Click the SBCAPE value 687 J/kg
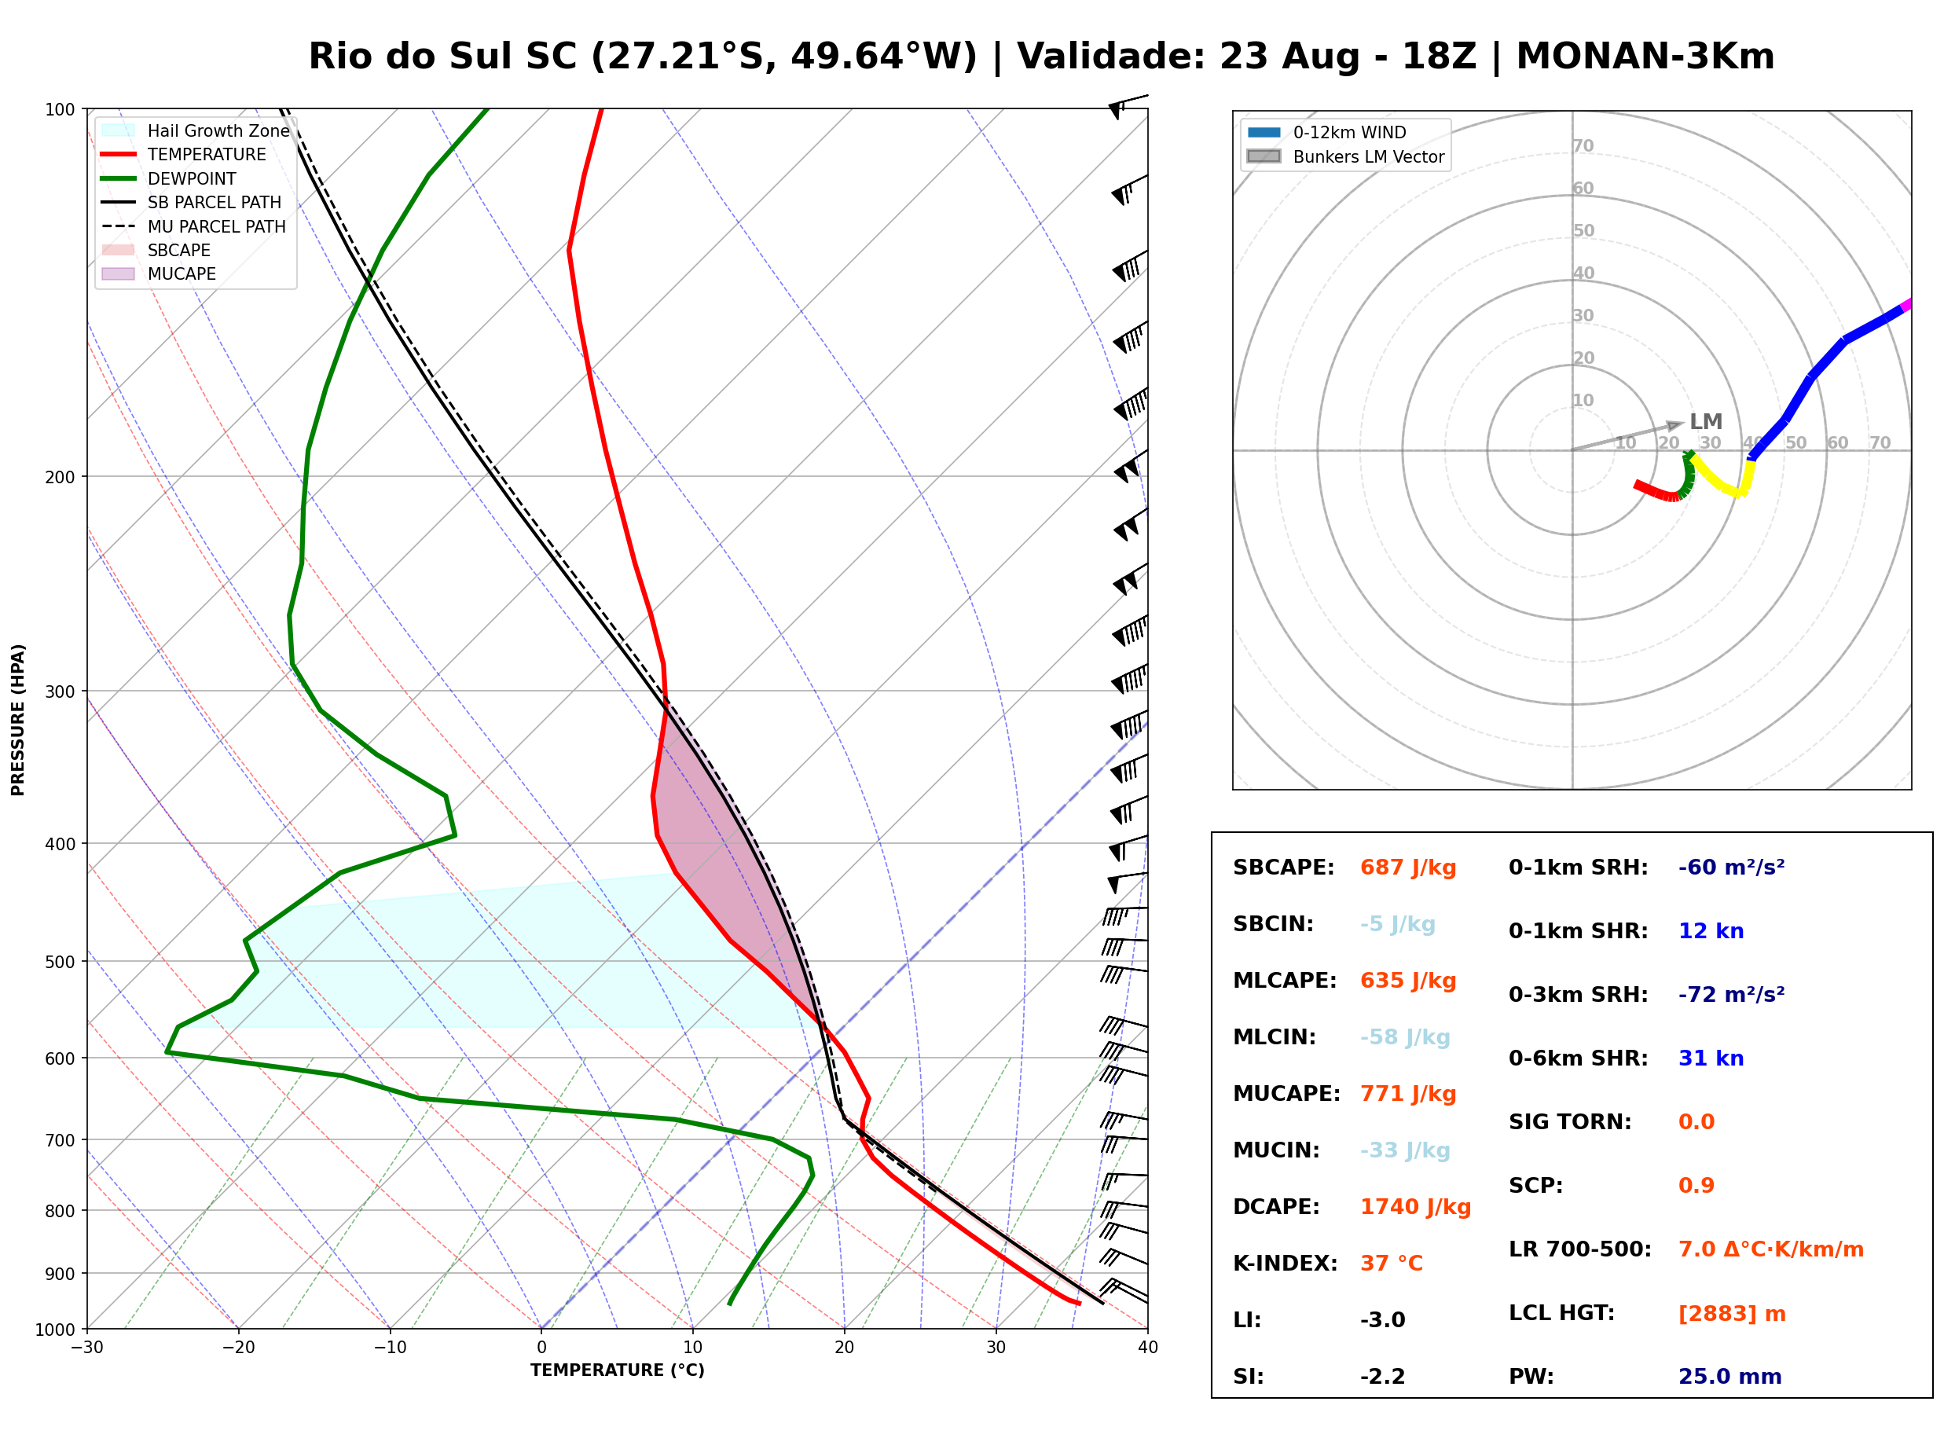tap(1408, 868)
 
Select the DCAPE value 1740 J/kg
tap(1415, 1207)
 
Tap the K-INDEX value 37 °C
tap(1391, 1264)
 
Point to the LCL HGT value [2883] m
tap(1732, 1314)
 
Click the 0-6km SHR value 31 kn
tap(1711, 1058)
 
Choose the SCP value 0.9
tap(1696, 1186)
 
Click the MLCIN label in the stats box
tap(1274, 1037)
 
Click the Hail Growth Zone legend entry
tap(195, 130)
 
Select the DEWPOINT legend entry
tap(169, 178)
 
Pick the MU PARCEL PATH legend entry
tap(193, 226)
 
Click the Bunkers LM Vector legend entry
tap(1345, 156)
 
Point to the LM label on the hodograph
tap(1706, 421)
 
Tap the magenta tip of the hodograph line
tap(1905, 305)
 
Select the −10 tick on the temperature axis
tap(389, 1348)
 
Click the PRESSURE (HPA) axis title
tap(18, 720)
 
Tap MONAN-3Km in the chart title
tap(1645, 57)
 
